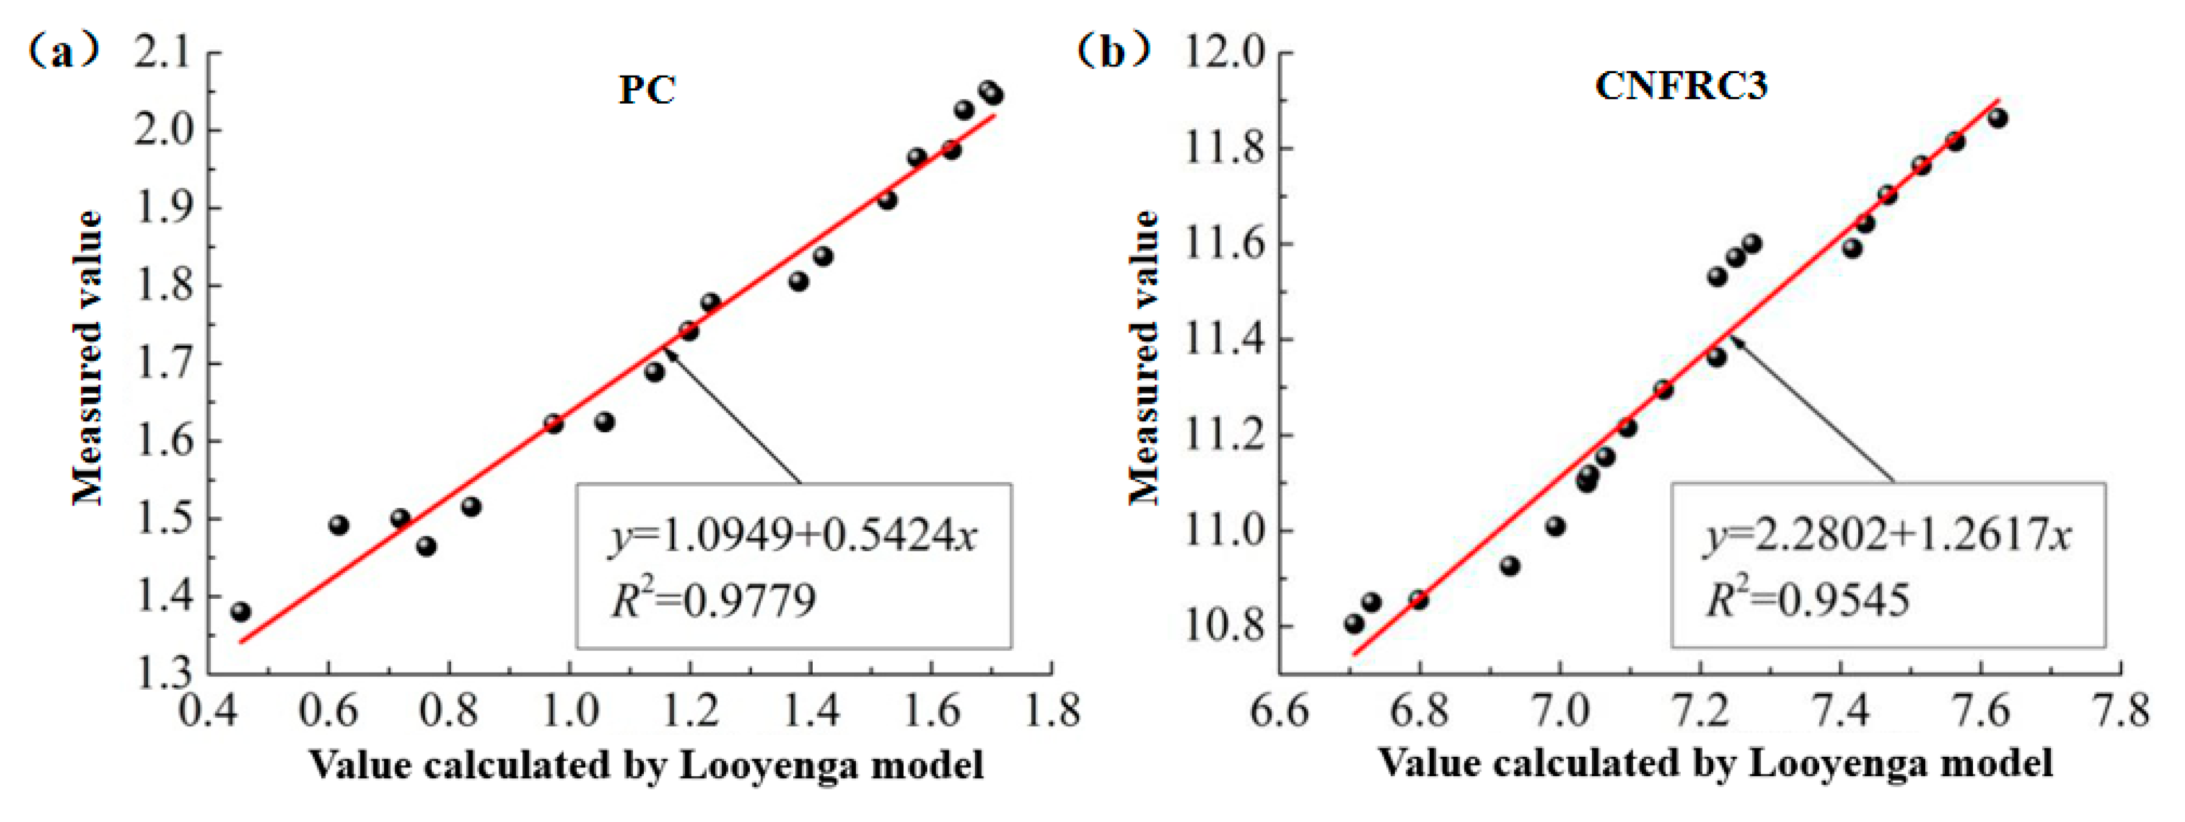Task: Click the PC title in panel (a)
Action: [646, 90]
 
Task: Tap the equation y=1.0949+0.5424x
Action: [794, 536]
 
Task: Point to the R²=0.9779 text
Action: [713, 600]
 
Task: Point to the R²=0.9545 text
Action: [1808, 600]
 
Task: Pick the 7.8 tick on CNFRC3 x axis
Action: [2120, 710]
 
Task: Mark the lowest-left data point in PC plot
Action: [240, 612]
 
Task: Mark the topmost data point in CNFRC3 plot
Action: [1998, 118]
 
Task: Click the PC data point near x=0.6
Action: [338, 525]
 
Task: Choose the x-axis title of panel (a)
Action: [646, 766]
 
